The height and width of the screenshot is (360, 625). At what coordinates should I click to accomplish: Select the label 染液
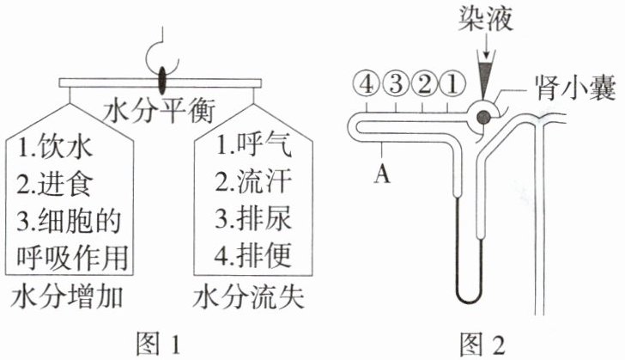pyautogui.click(x=487, y=18)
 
